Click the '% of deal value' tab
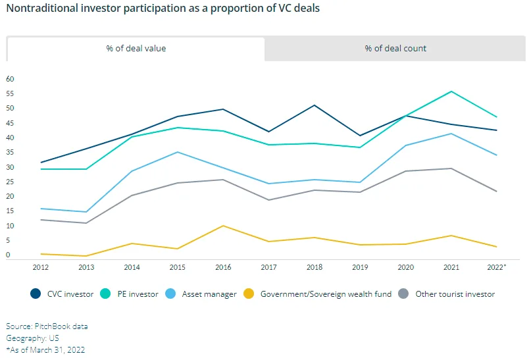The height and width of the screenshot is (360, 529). click(x=136, y=49)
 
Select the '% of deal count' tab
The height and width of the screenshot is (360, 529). click(x=395, y=49)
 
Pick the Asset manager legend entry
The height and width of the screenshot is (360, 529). click(x=201, y=294)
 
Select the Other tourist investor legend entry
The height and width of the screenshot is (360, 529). click(x=448, y=294)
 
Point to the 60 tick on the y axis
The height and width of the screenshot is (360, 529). click(x=10, y=79)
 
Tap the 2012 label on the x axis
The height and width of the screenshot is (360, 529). click(x=40, y=267)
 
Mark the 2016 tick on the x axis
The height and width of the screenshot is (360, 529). click(x=223, y=267)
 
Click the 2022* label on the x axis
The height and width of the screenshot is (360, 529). click(x=497, y=267)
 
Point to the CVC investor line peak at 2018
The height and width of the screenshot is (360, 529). click(x=315, y=105)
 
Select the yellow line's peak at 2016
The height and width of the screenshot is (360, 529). click(x=223, y=226)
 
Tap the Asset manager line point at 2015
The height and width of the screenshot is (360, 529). click(x=177, y=152)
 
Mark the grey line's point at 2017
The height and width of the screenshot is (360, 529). click(x=268, y=200)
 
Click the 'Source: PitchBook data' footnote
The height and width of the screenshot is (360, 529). click(x=47, y=326)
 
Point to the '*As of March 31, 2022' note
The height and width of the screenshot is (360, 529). click(x=45, y=350)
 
